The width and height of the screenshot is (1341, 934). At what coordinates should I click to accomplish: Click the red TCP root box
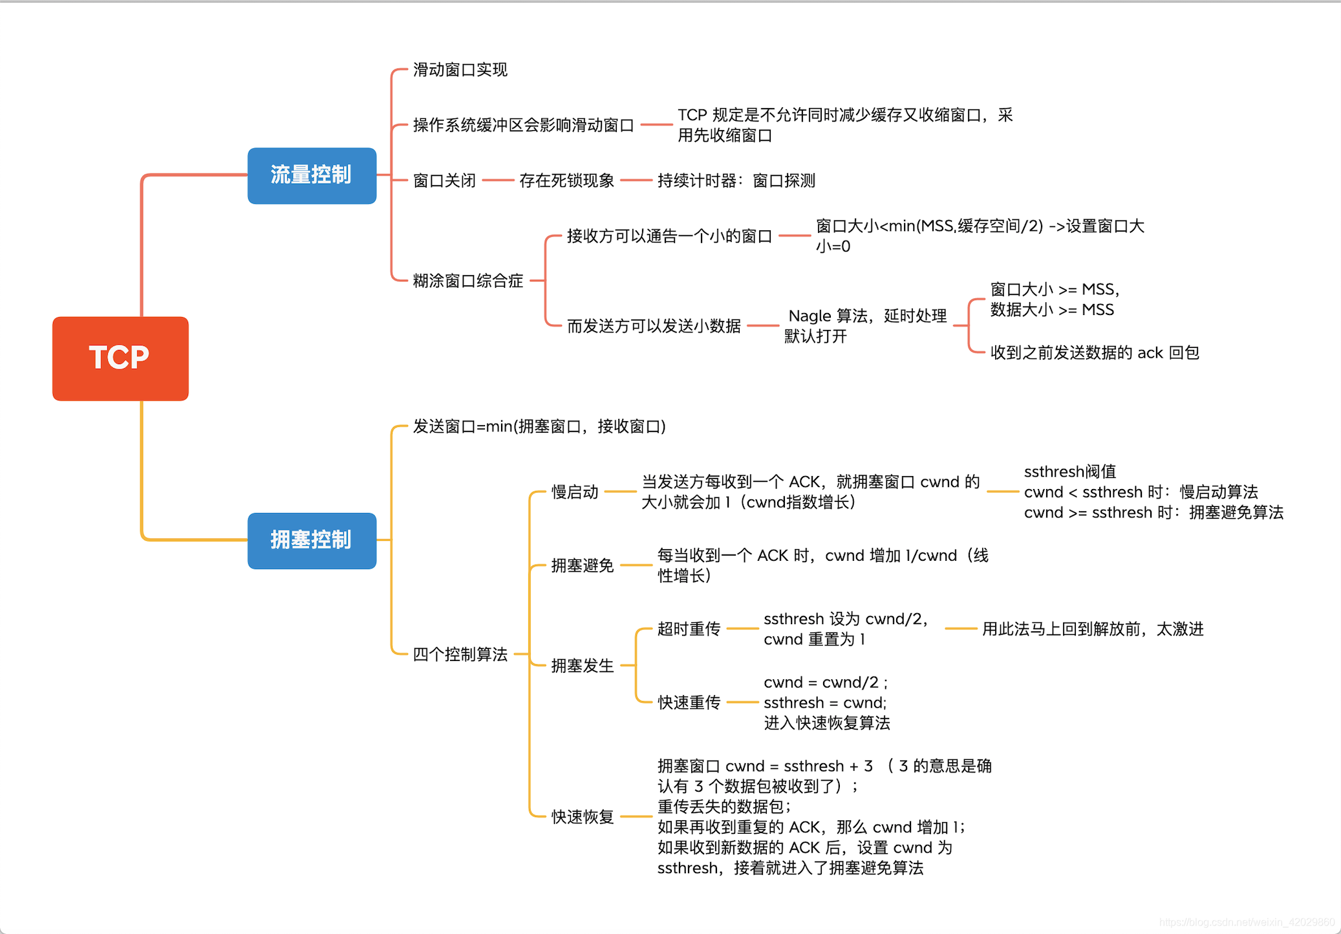120,358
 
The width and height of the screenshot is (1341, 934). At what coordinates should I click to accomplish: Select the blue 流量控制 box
312,175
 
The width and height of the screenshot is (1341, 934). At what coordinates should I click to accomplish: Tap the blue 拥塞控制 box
312,541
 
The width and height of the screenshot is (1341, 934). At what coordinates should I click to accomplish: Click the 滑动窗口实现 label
460,70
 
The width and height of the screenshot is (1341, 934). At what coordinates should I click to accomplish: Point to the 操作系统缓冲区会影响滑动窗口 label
523,125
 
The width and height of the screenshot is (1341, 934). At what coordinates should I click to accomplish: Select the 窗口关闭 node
444,180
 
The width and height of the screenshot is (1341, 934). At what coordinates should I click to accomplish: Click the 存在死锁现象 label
566,180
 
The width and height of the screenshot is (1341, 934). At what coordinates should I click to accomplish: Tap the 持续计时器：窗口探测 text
736,180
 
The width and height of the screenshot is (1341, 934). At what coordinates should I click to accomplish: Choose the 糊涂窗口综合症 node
467,281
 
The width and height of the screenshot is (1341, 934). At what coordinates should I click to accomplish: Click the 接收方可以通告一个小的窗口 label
669,236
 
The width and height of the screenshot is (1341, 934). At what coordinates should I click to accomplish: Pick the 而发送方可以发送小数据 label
654,326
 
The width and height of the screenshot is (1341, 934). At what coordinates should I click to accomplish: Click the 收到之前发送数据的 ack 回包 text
1095,353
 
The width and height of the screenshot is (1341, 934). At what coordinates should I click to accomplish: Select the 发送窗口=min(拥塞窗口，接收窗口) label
539,427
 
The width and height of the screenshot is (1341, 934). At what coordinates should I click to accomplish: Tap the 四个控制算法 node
460,655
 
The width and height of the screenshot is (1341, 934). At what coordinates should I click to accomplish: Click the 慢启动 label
574,492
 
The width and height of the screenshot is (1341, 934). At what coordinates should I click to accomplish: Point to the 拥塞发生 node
582,666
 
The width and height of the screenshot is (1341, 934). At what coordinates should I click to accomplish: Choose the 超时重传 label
689,629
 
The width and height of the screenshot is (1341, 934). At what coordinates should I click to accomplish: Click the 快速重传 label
689,702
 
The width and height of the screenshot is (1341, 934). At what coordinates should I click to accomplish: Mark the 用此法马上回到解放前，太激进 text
1093,629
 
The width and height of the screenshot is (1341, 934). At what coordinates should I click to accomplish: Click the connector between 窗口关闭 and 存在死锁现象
498,180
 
